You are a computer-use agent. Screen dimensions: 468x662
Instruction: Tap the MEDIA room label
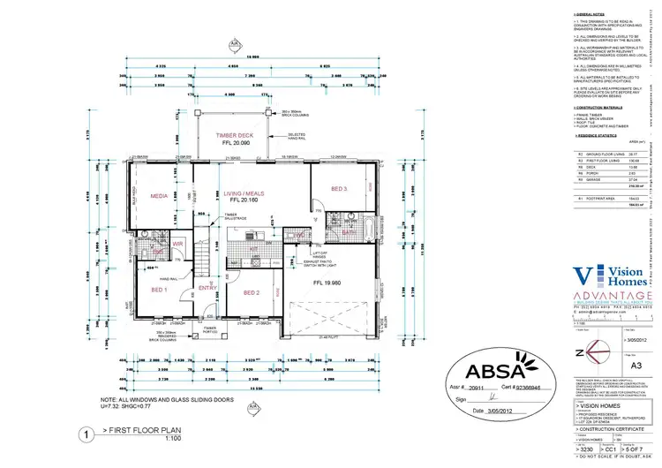coord(160,196)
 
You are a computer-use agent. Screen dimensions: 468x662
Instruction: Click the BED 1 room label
coord(160,290)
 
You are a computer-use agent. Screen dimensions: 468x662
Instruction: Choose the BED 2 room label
coord(251,292)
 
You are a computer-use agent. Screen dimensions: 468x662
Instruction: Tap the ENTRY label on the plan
coord(207,287)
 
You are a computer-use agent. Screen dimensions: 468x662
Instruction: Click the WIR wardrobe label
coord(177,243)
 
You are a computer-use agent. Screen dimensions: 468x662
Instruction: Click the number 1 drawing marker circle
coord(85,434)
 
